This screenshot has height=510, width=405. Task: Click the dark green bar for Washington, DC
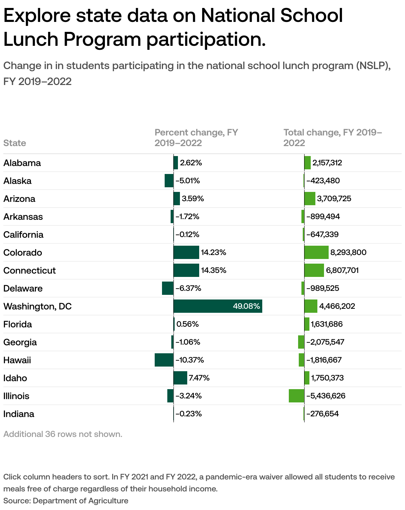point(217,306)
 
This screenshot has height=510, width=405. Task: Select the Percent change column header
point(196,137)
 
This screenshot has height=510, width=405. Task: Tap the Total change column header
point(332,137)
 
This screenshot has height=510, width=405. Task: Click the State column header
point(15,143)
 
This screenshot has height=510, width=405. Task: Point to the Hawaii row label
point(17,360)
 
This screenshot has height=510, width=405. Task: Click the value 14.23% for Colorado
point(213,253)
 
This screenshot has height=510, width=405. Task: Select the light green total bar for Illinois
point(296,396)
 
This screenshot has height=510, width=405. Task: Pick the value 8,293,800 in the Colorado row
point(348,253)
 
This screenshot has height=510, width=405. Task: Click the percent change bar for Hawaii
point(164,360)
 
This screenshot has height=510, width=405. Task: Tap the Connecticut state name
point(30,271)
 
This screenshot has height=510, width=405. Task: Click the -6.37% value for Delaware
point(188,289)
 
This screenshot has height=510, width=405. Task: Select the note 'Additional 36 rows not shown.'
point(63,434)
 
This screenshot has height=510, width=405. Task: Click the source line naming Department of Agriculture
point(66,501)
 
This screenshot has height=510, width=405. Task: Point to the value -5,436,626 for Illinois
point(326,396)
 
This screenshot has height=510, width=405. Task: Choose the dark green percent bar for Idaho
point(180,378)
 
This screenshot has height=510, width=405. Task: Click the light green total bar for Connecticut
point(314,270)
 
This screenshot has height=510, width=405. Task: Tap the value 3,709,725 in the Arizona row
point(334,199)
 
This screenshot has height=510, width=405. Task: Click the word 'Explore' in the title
point(37,16)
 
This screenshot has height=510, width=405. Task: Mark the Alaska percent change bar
point(169,181)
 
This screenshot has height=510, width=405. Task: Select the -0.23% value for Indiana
point(189,414)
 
